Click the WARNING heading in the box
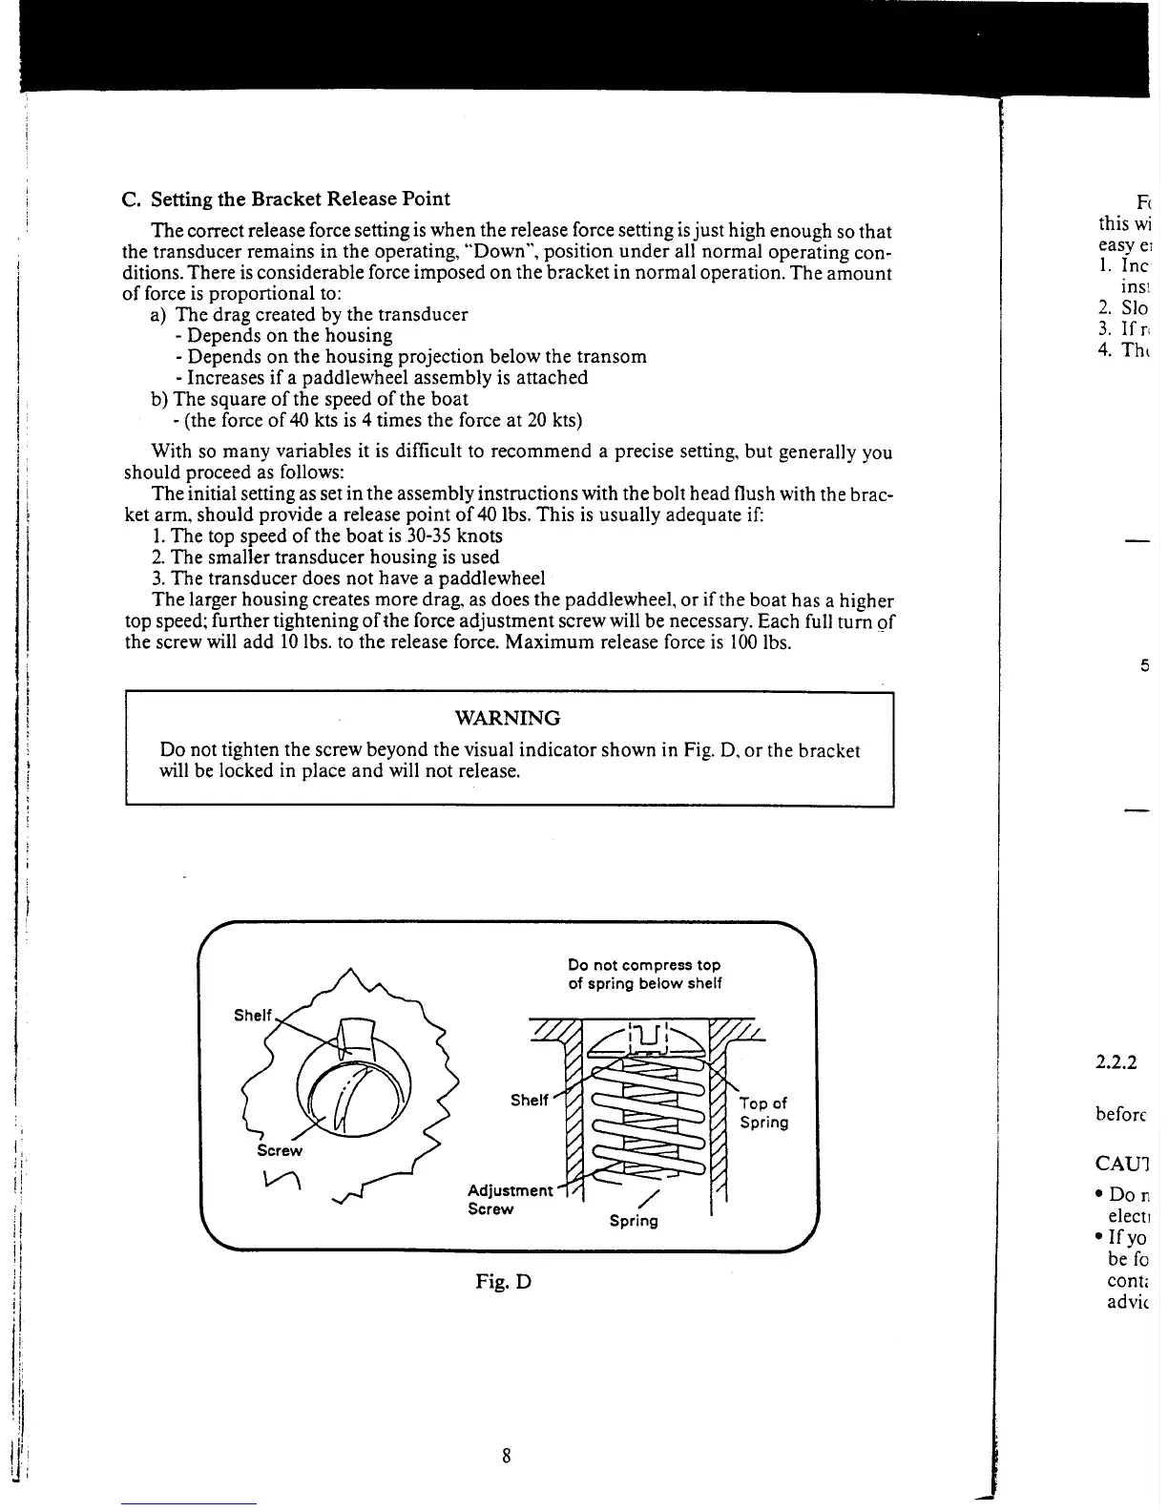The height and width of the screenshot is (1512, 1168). pos(507,718)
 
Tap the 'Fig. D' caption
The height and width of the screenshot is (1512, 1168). pos(503,1281)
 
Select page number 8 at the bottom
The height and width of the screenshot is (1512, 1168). pos(507,1456)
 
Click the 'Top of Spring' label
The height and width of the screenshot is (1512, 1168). pos(763,1112)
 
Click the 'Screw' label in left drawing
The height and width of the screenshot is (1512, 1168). pos(280,1150)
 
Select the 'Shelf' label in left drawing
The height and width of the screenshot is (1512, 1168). pos(253,1015)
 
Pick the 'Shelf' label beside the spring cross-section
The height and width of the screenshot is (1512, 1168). pos(529,1100)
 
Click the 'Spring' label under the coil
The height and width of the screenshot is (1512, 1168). pos(633,1220)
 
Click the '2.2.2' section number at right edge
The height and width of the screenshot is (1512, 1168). pos(1117,1061)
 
